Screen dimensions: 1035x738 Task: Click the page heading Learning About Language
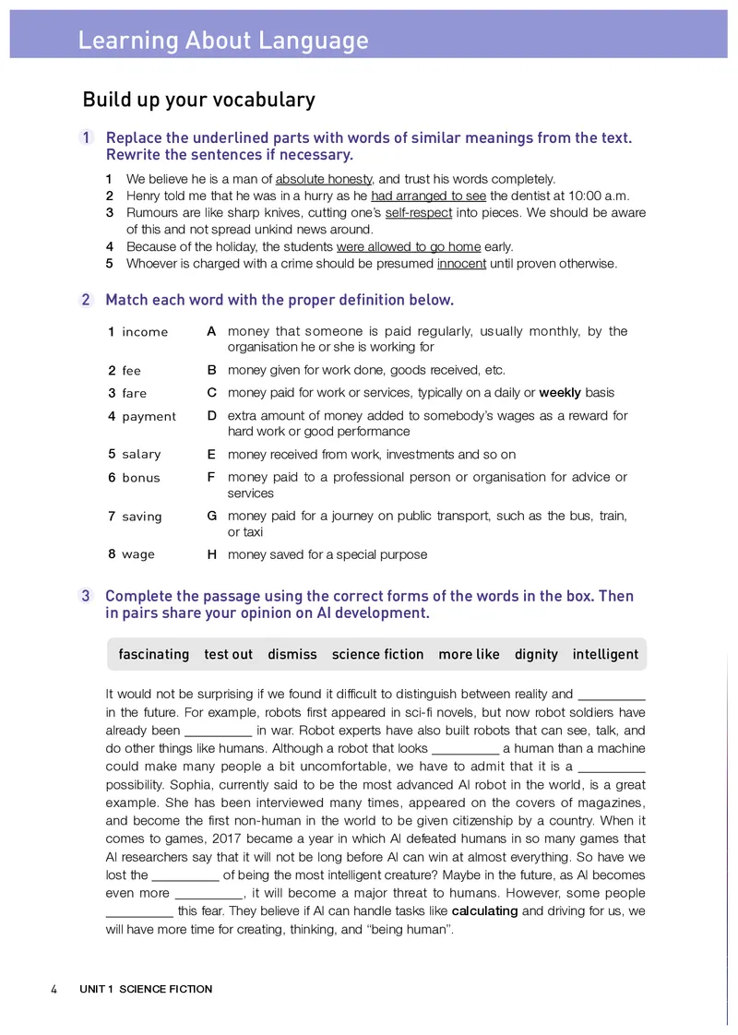pos(222,41)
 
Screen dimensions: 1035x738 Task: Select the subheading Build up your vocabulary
pos(198,100)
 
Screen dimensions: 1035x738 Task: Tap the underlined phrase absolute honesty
pos(323,179)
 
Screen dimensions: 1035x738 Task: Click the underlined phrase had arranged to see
pos(428,196)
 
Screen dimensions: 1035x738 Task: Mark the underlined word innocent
pos(461,264)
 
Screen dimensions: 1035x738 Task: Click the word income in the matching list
pos(145,332)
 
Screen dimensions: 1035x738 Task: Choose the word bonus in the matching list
pos(141,478)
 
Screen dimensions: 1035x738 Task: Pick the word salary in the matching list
pos(141,455)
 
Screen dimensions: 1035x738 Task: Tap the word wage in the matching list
pos(138,555)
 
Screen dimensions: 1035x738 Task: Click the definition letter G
pos(211,517)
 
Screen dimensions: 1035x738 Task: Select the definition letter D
pos(211,416)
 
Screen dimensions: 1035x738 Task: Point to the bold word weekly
pos(559,393)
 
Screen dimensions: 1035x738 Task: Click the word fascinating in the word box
pos(153,654)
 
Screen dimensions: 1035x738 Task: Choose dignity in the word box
pos(536,654)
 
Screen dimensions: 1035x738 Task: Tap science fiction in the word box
pos(377,654)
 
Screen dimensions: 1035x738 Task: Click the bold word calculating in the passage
pos(484,911)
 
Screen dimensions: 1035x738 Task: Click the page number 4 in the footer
pos(54,989)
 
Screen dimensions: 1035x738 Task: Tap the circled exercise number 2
pos(87,300)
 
